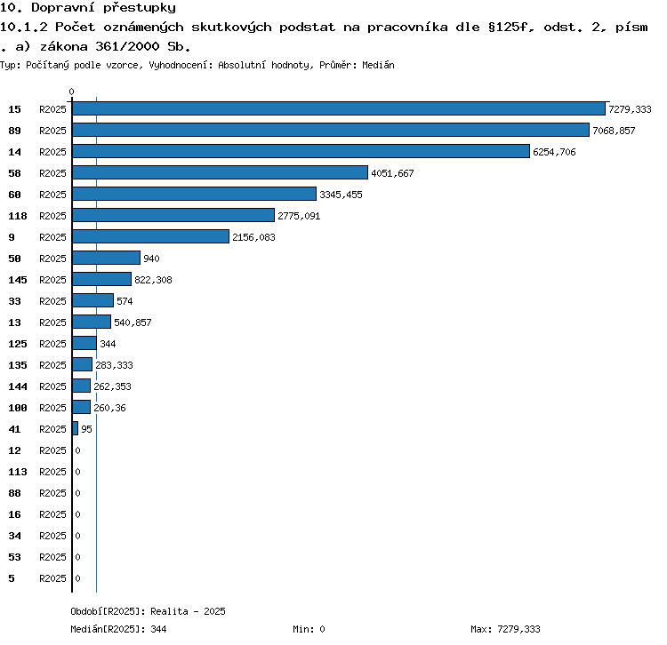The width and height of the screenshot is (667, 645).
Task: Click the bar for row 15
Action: point(339,108)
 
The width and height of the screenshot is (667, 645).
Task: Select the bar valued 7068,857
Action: point(331,130)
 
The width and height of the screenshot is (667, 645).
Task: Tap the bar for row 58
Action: point(221,172)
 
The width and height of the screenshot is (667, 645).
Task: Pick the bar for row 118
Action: point(173,215)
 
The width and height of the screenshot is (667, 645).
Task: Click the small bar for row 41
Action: point(76,428)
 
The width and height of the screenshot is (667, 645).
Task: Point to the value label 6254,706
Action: point(554,152)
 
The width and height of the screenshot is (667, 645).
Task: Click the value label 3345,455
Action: point(342,195)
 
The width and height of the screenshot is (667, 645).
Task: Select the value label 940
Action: point(151,259)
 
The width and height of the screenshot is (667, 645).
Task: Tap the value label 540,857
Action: point(133,322)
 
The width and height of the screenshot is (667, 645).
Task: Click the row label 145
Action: point(18,280)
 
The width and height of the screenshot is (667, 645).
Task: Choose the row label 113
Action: point(18,472)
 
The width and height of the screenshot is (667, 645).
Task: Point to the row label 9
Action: point(12,237)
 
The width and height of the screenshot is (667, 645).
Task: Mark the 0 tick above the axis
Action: point(71,92)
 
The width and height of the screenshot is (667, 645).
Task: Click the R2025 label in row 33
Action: point(52,301)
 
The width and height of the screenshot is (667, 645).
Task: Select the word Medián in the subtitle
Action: point(378,65)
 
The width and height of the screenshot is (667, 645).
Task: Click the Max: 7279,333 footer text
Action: point(505,629)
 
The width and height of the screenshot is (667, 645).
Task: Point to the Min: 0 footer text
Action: point(309,629)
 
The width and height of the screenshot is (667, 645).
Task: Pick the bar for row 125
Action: point(84,343)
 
